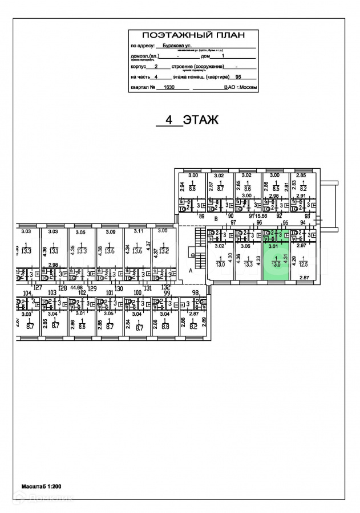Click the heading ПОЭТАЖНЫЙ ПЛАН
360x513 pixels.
point(193,34)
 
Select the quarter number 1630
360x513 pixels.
point(168,88)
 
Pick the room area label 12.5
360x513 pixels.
point(304,264)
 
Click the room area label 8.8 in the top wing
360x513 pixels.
point(192,188)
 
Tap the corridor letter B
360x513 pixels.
point(216,219)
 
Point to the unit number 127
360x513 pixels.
point(38,288)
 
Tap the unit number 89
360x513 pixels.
point(201,217)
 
